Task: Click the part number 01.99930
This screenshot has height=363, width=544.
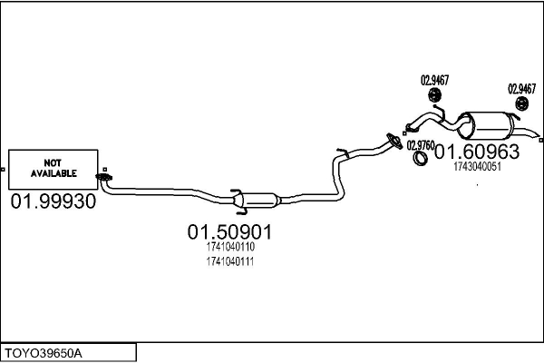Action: [53, 201]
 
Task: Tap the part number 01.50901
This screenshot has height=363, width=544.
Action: [229, 232]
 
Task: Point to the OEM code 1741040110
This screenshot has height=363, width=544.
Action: [229, 247]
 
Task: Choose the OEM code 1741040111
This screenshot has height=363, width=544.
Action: [229, 261]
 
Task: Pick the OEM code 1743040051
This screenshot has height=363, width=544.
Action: [476, 166]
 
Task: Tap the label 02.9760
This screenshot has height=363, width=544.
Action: [421, 144]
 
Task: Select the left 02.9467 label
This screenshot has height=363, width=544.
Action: [433, 79]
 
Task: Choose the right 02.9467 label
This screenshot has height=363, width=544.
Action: [521, 88]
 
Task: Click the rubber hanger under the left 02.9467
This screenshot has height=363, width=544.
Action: [434, 96]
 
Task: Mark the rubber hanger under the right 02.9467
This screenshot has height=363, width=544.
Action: [522, 106]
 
